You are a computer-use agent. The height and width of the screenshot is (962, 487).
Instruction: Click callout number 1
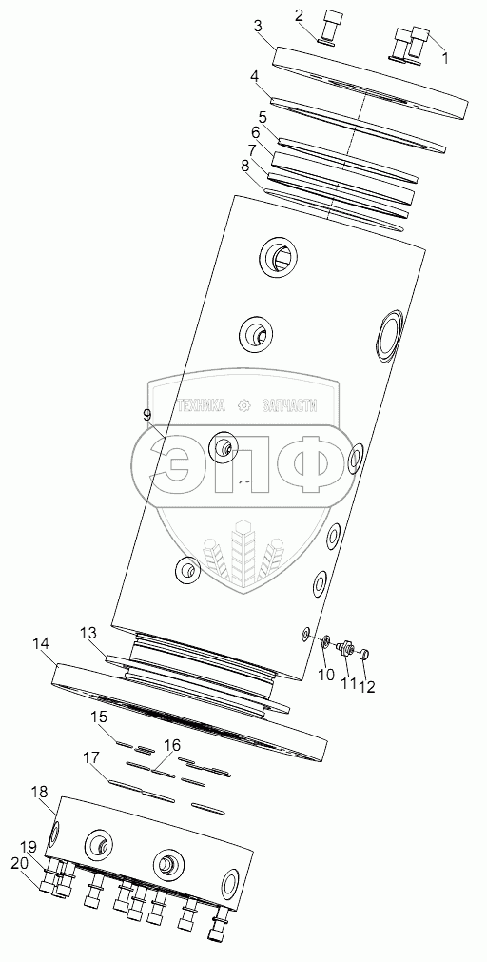pos(445,58)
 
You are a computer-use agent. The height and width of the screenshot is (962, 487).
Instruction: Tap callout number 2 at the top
pos(300,16)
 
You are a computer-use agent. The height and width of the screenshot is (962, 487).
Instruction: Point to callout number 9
pos(146,416)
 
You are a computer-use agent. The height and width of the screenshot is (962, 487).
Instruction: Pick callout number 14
pos(41,643)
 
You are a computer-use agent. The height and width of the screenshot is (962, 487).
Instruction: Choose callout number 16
pos(172,745)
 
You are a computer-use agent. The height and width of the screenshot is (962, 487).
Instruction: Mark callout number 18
pos(39,792)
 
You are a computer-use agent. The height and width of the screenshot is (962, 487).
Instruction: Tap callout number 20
pos(21,863)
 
